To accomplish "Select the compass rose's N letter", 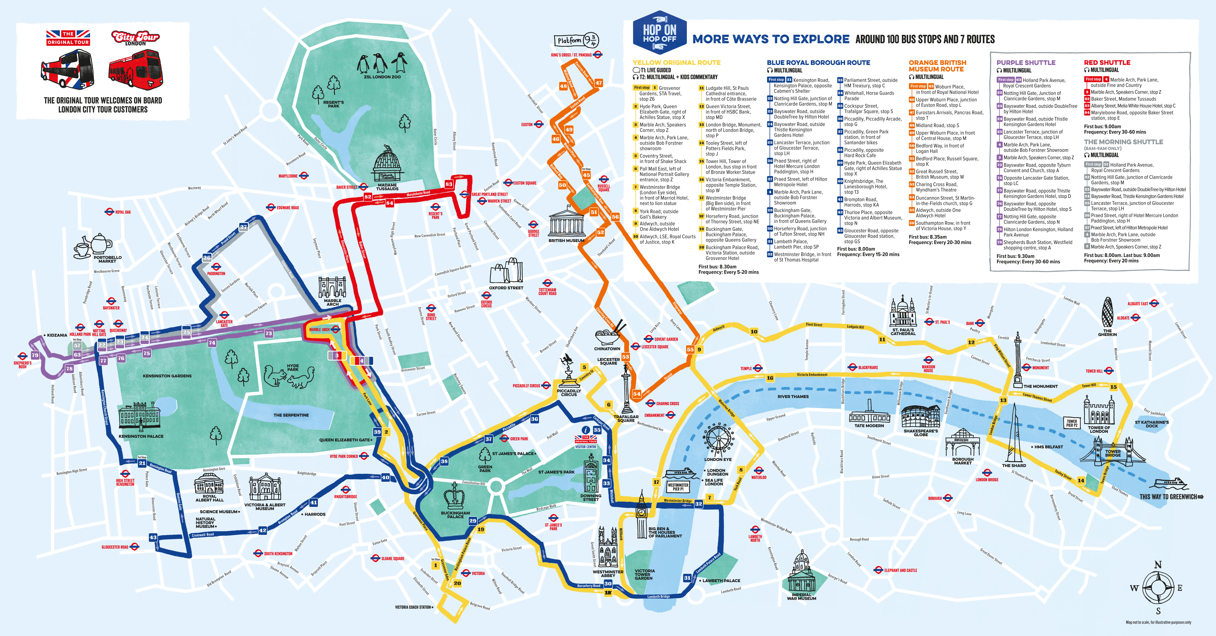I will point(1157,565).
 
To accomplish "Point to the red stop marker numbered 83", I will point(448,184).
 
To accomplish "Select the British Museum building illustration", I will point(566,222).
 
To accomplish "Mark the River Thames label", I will point(793,397).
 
